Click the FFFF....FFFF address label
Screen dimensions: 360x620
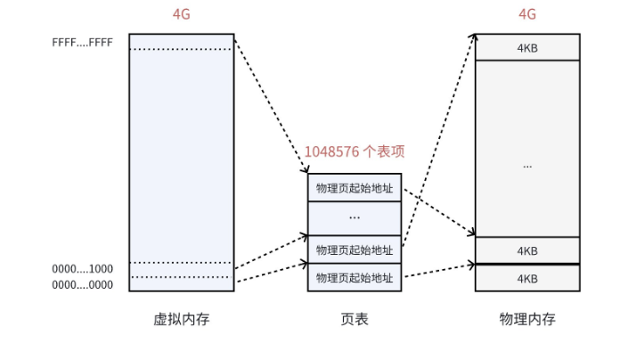pos(82,42)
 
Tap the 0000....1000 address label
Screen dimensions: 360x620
pos(82,268)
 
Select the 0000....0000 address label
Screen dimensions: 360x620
pos(82,284)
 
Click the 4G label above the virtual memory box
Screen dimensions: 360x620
pos(181,14)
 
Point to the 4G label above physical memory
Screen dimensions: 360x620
pos(527,14)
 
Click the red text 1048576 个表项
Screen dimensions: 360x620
pos(354,151)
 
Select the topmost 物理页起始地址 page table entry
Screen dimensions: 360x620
pos(354,188)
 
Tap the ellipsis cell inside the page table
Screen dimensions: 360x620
pos(354,218)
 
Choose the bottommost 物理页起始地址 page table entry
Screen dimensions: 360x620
pos(354,278)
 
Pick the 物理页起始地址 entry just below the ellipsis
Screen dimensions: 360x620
pos(354,250)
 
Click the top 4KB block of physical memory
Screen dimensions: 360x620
pos(527,47)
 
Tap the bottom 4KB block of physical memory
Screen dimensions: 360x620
pos(527,278)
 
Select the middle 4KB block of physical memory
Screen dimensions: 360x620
pos(527,250)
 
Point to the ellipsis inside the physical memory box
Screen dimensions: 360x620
pos(527,166)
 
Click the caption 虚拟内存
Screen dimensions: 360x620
pos(181,319)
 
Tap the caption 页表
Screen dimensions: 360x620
pos(354,319)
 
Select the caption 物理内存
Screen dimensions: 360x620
pos(527,319)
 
